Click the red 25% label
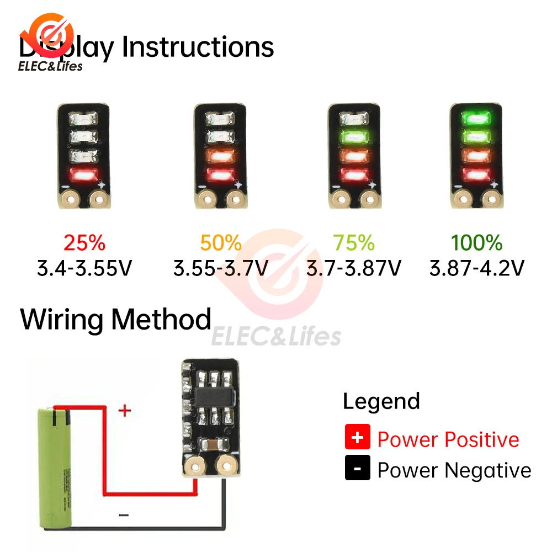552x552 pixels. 84,243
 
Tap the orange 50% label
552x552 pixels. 221,243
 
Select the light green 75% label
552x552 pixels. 354,243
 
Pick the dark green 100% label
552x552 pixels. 476,243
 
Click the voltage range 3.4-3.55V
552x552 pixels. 84,269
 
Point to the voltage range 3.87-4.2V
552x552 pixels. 476,269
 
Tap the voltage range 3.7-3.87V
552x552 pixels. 354,269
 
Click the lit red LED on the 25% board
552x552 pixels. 84,176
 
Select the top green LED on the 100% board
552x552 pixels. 476,118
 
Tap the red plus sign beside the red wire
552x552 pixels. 126,411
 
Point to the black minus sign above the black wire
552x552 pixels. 124,515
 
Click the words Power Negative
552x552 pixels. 454,470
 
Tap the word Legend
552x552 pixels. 381,401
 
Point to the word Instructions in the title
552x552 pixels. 198,47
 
